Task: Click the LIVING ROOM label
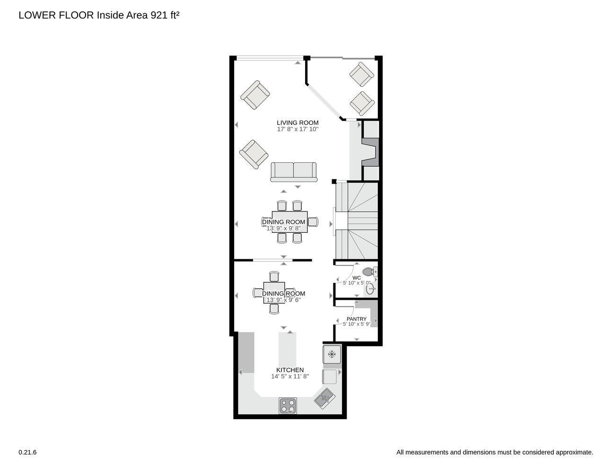(297, 123)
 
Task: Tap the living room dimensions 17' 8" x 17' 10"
(297, 129)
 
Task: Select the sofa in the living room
(293, 172)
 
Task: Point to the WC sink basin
(370, 289)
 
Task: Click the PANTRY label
(356, 319)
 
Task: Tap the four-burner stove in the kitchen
(288, 405)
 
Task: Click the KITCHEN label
(290, 370)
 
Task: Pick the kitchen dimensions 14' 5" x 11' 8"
(290, 377)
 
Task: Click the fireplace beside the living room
(370, 151)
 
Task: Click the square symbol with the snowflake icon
(332, 354)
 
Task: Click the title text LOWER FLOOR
(56, 15)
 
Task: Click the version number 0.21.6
(27, 452)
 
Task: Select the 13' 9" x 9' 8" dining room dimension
(283, 228)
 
